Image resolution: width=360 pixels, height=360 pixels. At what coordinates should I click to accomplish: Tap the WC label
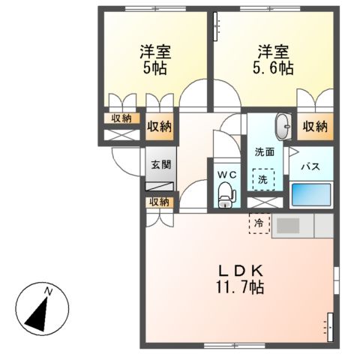pyautogui.click(x=226, y=175)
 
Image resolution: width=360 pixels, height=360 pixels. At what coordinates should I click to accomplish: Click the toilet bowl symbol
pyautogui.click(x=226, y=196)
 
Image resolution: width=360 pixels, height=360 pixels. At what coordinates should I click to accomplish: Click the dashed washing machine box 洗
pyautogui.click(x=263, y=179)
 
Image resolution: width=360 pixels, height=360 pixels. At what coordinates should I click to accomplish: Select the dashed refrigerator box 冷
pyautogui.click(x=259, y=223)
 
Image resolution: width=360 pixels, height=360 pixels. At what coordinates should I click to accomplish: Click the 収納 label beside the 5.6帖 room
pyautogui.click(x=315, y=126)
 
